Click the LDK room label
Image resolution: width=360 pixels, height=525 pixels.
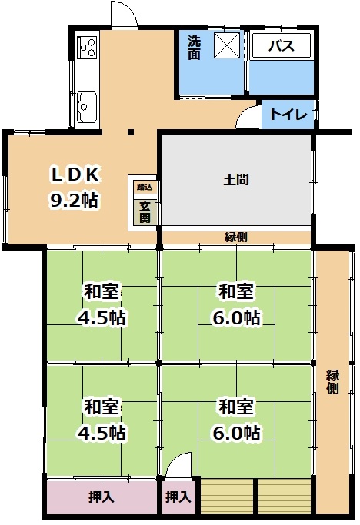75,174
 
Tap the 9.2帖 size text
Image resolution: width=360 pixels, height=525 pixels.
75,200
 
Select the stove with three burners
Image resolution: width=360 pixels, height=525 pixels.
87,47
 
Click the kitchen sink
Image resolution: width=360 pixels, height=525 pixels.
87,107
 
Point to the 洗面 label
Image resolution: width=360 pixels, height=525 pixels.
194,48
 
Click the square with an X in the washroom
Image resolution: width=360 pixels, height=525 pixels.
227,45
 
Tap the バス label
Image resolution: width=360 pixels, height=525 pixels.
282,45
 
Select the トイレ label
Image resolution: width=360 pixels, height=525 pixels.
288,115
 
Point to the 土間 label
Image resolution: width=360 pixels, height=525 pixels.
236,180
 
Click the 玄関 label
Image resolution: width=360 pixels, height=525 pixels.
145,212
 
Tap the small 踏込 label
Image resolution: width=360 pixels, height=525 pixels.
145,187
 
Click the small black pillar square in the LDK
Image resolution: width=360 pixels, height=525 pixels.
131,132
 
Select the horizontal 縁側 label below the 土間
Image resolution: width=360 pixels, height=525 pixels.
236,237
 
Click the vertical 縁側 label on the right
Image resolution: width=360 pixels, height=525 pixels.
332,382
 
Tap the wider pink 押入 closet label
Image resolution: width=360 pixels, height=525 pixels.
102,497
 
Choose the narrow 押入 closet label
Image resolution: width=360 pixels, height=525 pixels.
178,497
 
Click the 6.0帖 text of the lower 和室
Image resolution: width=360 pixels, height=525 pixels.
237,433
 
